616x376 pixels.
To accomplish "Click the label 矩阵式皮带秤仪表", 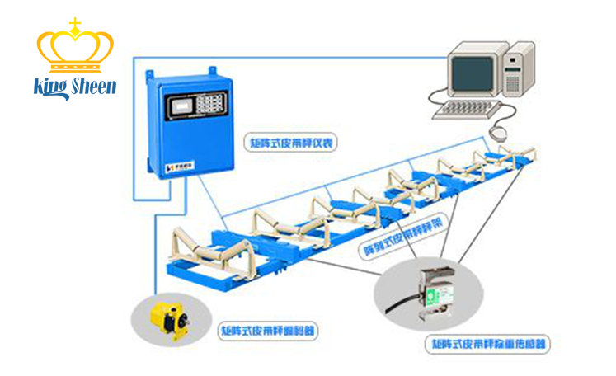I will [x=289, y=143].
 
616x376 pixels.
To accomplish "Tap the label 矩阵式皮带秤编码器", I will [x=268, y=331].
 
